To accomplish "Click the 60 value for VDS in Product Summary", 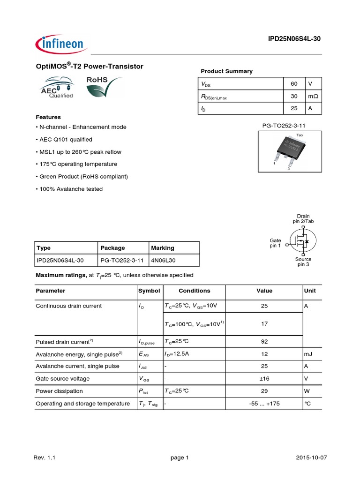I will [294, 83].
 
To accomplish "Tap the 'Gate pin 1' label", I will [275, 243].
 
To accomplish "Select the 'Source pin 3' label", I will [303, 262].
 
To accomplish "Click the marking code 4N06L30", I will [163, 260].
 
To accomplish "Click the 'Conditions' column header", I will [195, 291].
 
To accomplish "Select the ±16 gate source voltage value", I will [264, 378].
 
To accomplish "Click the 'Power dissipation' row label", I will [59, 391].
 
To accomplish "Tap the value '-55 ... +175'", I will [264, 404].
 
